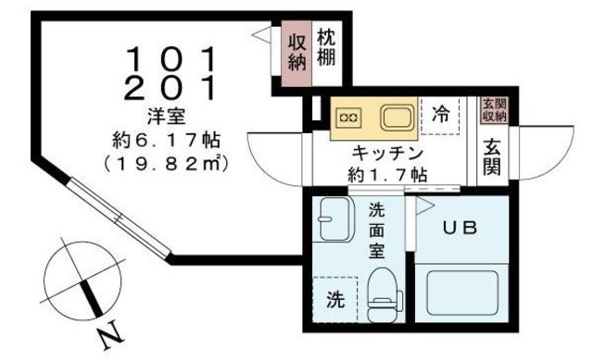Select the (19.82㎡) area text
coord(168,165)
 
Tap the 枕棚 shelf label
coord(324,48)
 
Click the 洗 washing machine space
coord(334,299)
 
